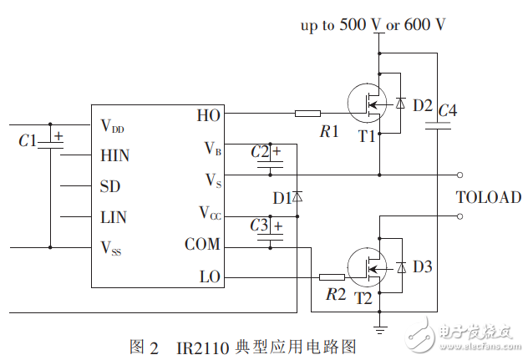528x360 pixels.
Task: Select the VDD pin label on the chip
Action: click(x=117, y=126)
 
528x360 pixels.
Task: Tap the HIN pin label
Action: click(x=115, y=155)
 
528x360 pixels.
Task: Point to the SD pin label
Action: click(x=109, y=186)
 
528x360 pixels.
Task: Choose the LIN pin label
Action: click(x=114, y=217)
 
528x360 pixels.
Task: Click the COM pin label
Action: click(x=203, y=245)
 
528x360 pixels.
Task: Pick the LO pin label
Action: click(x=210, y=276)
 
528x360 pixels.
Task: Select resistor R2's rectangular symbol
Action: click(x=332, y=276)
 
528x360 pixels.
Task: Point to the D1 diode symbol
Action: click(x=297, y=198)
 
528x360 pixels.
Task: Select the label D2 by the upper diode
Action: click(x=423, y=106)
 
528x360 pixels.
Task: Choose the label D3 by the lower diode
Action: click(x=423, y=267)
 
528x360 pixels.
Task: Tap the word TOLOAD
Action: click(x=488, y=198)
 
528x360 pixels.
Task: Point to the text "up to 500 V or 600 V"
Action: click(x=373, y=24)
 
